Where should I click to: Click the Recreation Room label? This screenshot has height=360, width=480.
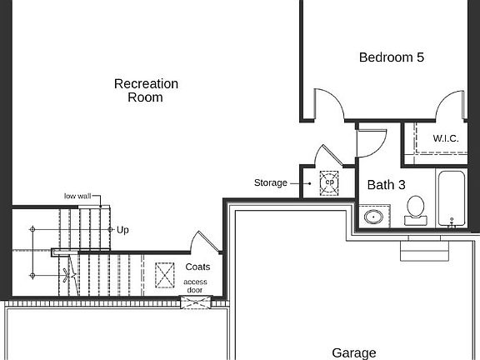click(x=146, y=91)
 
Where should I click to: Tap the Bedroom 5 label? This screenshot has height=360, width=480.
click(x=392, y=57)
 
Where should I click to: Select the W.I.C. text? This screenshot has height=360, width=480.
click(x=446, y=138)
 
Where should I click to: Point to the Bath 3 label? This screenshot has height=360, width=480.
click(x=387, y=185)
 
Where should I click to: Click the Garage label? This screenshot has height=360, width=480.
click(x=354, y=353)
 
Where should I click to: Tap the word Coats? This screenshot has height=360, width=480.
click(x=197, y=267)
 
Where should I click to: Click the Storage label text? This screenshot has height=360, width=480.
click(x=271, y=182)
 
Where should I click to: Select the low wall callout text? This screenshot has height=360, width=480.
click(x=77, y=196)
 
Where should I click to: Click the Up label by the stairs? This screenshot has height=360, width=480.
click(x=122, y=230)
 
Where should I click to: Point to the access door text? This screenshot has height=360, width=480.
click(x=195, y=286)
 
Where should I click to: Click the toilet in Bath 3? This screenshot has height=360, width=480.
click(x=415, y=211)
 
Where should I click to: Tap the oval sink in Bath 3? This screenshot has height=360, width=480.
click(x=373, y=217)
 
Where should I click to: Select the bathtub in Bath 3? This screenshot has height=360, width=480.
click(x=452, y=199)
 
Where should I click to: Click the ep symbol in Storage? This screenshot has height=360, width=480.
click(x=329, y=182)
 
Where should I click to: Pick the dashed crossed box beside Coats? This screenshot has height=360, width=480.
click(x=165, y=275)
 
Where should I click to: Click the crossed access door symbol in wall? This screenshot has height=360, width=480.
click(x=196, y=302)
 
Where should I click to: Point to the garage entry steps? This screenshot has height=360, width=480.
click(x=425, y=248)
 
